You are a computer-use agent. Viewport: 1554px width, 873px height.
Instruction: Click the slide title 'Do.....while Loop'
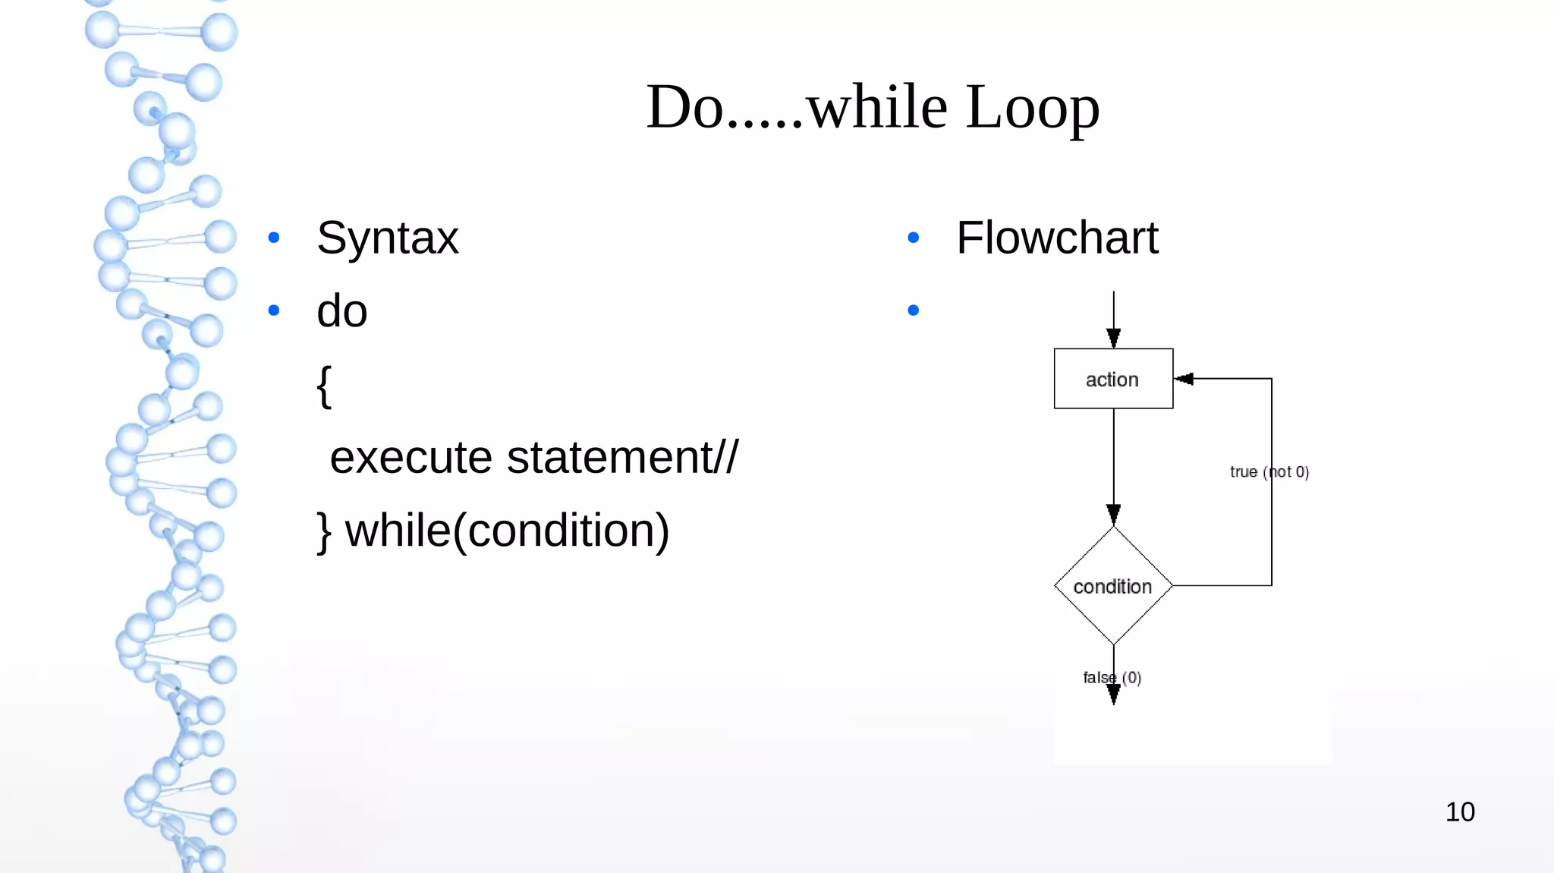coord(873,107)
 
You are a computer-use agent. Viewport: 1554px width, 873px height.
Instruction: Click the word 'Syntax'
coord(387,238)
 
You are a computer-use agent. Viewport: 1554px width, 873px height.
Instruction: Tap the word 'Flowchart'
coord(1056,238)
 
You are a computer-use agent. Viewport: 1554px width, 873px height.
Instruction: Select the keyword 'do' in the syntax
coord(341,311)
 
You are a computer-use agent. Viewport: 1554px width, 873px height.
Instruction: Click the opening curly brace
coord(324,386)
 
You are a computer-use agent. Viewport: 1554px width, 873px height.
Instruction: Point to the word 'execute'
coord(411,458)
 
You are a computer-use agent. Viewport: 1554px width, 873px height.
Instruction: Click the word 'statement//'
coord(622,458)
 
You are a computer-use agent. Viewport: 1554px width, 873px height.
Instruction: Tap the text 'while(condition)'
coord(507,531)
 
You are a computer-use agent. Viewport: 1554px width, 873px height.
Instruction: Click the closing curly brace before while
coord(324,532)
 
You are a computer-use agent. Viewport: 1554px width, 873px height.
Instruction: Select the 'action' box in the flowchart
coord(1112,379)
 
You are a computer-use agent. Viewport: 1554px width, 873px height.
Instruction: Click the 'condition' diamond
coord(1112,586)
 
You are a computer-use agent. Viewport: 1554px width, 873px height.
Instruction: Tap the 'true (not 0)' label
coord(1269,472)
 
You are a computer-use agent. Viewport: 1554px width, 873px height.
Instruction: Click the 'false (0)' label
coord(1112,677)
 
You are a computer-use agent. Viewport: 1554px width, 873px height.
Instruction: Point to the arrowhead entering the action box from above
coord(1113,338)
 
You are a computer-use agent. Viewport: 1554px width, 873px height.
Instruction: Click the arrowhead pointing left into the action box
coord(1184,379)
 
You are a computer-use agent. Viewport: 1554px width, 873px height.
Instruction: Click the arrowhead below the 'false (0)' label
coord(1113,694)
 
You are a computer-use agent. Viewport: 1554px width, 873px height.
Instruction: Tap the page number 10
coord(1459,812)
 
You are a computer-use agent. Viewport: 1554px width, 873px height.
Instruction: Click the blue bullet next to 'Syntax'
coord(274,238)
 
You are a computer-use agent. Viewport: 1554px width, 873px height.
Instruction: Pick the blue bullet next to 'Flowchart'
coord(913,238)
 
